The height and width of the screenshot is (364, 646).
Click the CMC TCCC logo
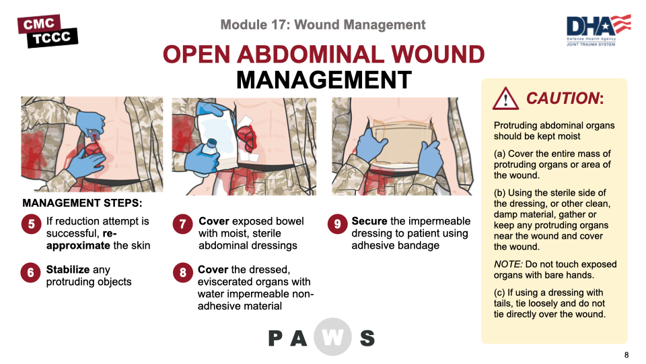47,30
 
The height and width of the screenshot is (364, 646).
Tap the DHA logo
598,30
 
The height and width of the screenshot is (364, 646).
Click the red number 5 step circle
31,225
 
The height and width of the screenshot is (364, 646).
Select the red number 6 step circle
31,273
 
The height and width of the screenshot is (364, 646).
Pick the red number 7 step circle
182,225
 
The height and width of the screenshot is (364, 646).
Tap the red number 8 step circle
182,273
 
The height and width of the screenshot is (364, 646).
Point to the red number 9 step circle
337,225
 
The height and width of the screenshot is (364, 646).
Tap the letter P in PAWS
277,338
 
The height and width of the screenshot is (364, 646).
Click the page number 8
626,355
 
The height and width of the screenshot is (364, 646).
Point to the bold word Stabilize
68,270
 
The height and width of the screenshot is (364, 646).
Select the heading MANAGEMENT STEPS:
82,202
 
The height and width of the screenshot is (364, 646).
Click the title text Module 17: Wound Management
323,25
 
